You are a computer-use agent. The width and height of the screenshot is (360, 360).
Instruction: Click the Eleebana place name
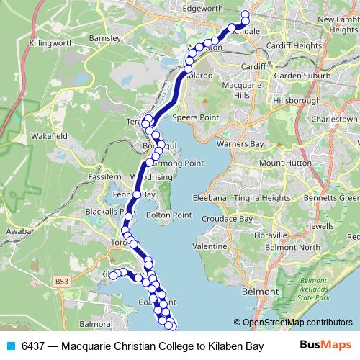coord(210,197)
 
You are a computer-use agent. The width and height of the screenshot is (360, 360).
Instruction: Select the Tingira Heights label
coord(266,197)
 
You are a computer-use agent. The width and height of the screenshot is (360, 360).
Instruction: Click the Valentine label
coord(210,246)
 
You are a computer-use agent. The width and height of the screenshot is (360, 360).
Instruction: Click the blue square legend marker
coord(11,346)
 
